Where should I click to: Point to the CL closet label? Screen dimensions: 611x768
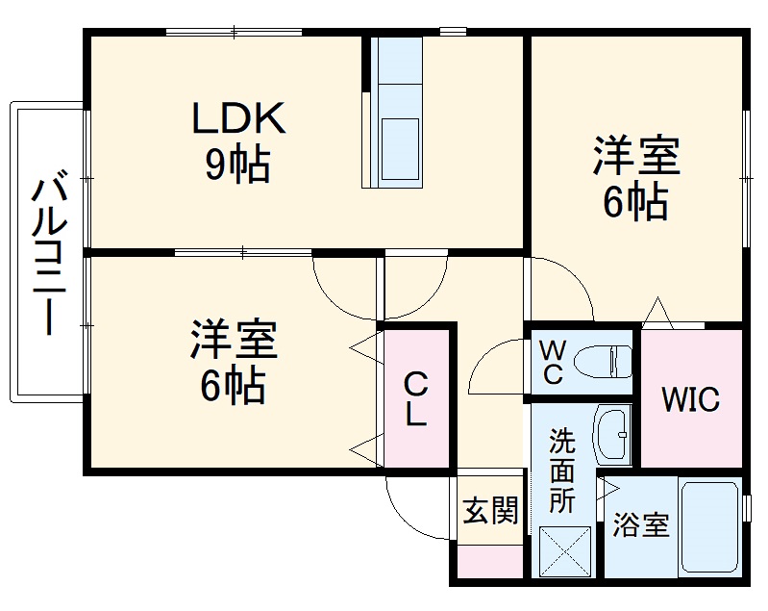click(415, 398)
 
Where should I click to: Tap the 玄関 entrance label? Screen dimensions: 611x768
click(490, 511)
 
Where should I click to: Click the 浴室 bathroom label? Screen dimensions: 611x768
click(641, 526)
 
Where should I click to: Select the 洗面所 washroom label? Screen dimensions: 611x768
click(562, 471)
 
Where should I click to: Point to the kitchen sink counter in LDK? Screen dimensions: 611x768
click(397, 111)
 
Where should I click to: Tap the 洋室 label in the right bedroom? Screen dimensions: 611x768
click(636, 156)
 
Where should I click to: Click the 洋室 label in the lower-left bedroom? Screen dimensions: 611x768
click(234, 340)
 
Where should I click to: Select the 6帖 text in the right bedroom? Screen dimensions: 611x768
click(635, 202)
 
